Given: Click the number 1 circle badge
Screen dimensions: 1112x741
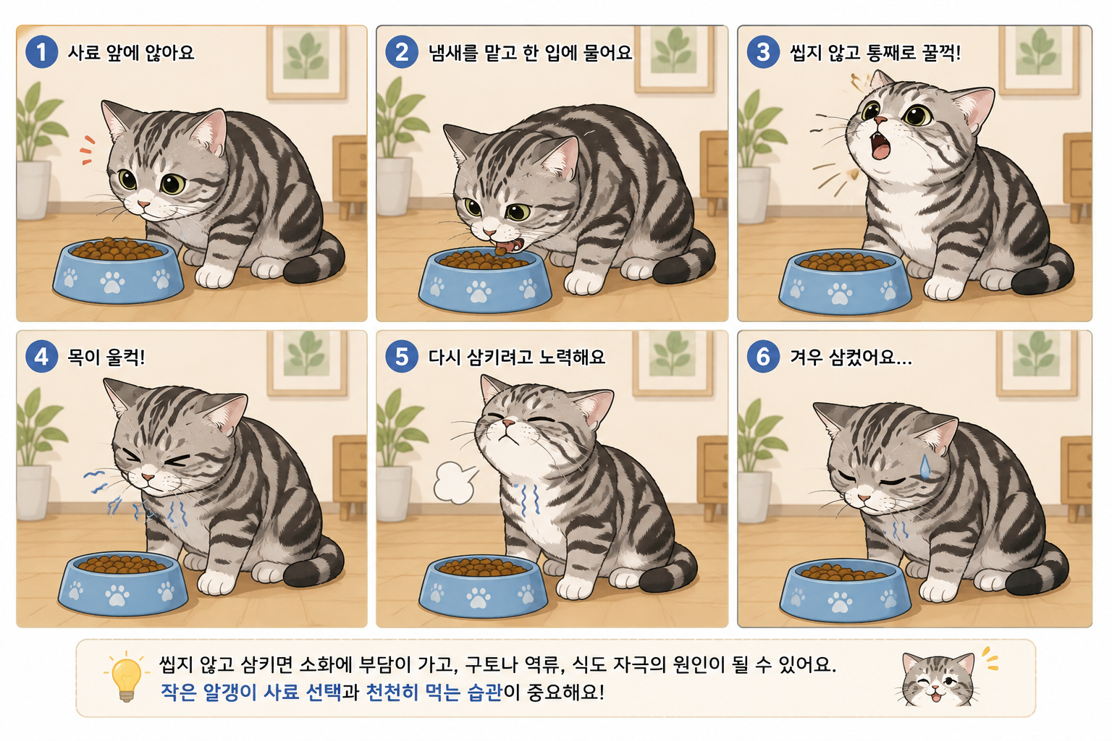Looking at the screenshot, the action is tap(42, 51).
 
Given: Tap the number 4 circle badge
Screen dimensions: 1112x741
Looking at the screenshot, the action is tap(42, 356).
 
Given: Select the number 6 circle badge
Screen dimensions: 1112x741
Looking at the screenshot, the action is tap(763, 356).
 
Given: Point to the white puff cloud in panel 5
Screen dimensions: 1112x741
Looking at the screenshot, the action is tap(454, 482).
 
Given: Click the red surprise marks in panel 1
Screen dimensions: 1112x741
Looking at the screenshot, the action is tap(88, 149).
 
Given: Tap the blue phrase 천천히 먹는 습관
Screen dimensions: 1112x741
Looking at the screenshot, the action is tap(434, 693).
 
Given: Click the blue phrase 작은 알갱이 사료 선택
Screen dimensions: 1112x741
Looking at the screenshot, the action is tap(250, 693).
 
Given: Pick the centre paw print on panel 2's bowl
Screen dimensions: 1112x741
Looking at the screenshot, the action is tap(479, 292).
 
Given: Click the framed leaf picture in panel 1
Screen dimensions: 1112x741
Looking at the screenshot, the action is tap(306, 60).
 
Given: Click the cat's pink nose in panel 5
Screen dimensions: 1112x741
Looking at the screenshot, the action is tap(508, 423).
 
